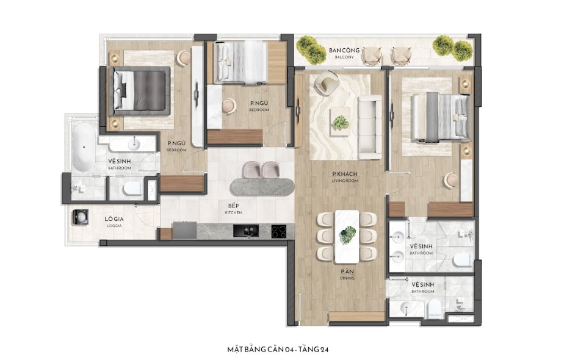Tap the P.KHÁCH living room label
(345, 177)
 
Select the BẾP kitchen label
(233, 209)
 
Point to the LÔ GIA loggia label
(114, 222)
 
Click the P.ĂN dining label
(347, 275)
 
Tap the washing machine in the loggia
(81, 217)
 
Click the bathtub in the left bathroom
(84, 147)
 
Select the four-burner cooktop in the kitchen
(279, 231)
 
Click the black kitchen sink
(246, 231)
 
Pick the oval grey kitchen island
(262, 187)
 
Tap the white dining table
(347, 237)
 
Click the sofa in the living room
(370, 127)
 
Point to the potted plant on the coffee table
(341, 122)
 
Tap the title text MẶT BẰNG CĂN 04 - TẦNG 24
(278, 349)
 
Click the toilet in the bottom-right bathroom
(434, 308)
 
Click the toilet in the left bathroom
(132, 189)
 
